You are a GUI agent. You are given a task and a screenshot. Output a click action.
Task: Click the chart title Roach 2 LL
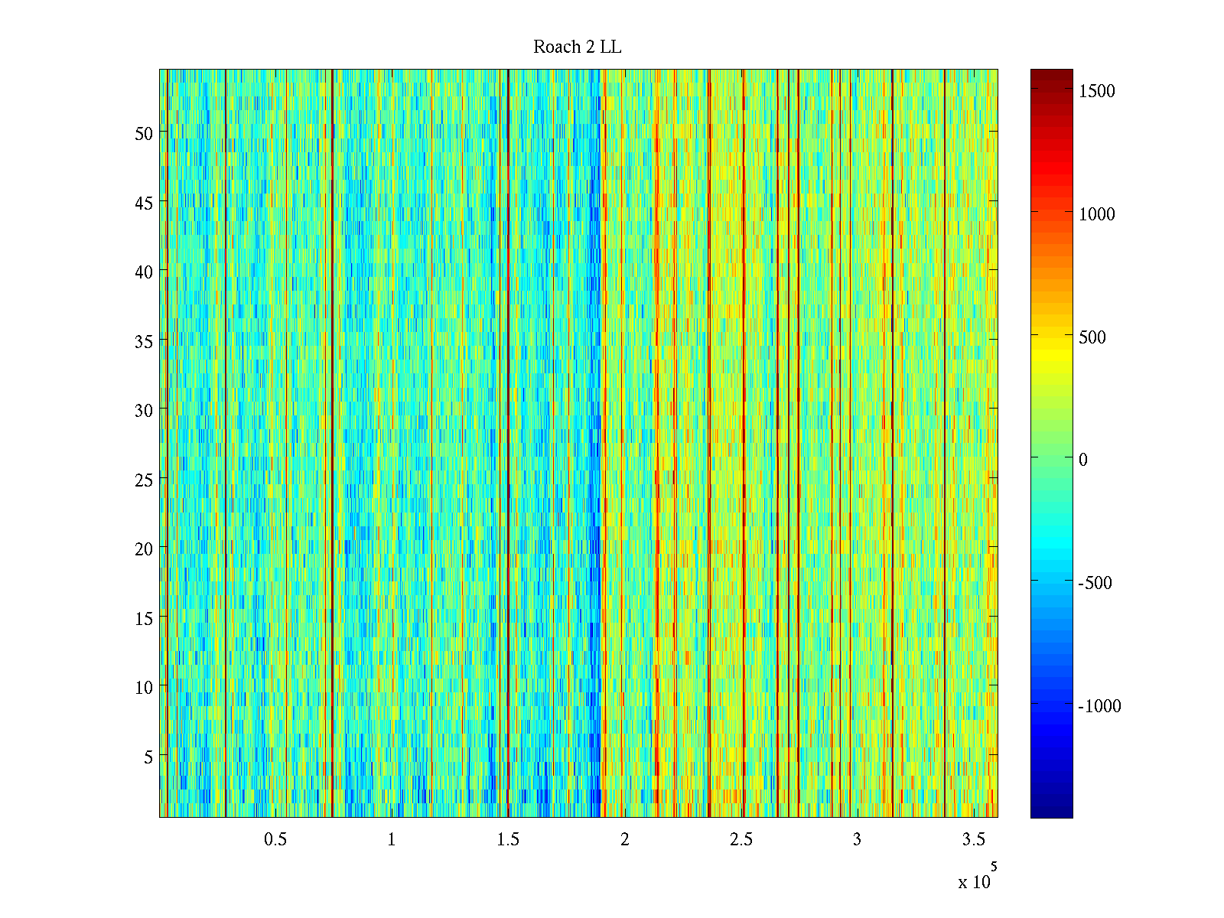click(x=577, y=47)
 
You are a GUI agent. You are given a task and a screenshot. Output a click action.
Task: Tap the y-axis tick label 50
click(x=144, y=133)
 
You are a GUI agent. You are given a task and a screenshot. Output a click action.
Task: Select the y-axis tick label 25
click(x=144, y=480)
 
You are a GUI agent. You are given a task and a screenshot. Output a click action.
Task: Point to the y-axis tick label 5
click(x=148, y=757)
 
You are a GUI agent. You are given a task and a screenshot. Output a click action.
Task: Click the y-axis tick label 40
click(x=144, y=272)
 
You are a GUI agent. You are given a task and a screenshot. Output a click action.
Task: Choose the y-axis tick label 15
click(x=144, y=618)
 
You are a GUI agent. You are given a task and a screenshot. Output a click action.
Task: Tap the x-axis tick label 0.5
click(x=275, y=839)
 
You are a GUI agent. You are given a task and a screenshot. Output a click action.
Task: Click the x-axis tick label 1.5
click(x=508, y=839)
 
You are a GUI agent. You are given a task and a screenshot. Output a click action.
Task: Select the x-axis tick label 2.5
click(x=741, y=839)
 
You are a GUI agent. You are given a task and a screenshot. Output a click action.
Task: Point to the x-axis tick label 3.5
click(x=973, y=839)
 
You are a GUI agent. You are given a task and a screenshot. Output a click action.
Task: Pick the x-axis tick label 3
click(x=857, y=839)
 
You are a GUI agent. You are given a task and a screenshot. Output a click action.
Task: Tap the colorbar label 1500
click(x=1097, y=91)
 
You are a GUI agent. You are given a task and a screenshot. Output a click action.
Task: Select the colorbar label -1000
click(x=1099, y=706)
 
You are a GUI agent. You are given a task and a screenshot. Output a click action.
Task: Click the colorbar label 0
click(x=1082, y=460)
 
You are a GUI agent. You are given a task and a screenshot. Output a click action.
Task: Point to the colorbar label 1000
click(x=1097, y=214)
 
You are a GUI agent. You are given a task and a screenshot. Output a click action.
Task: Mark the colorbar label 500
click(x=1092, y=337)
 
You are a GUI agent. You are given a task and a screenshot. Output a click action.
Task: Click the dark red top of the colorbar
click(x=1051, y=74)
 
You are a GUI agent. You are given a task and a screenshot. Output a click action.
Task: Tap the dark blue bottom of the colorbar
click(x=1051, y=812)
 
